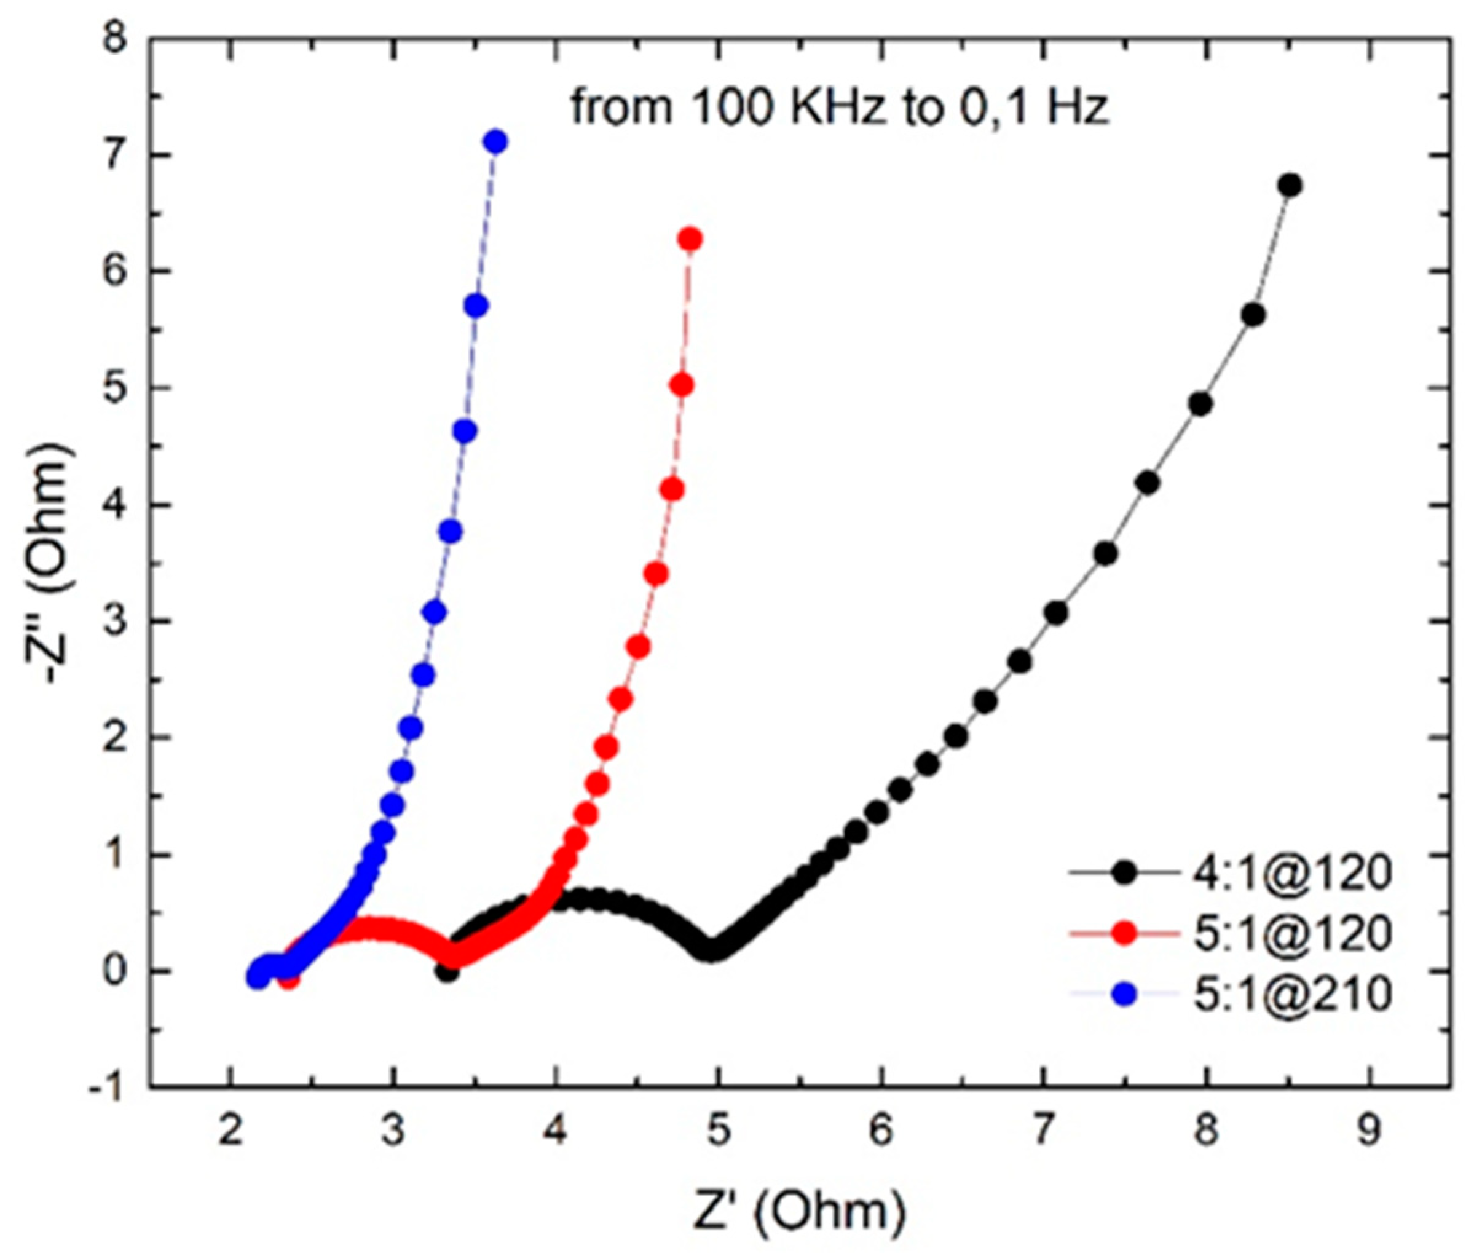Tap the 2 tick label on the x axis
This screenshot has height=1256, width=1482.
(x=229, y=1131)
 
